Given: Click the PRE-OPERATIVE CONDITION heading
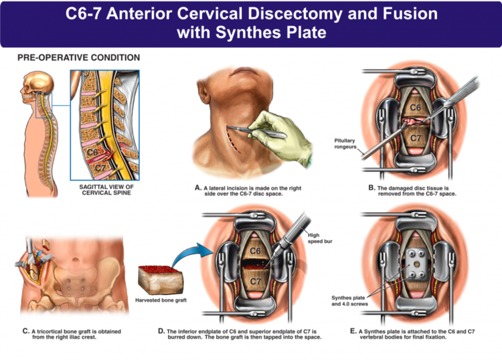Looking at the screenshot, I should click(x=78, y=58).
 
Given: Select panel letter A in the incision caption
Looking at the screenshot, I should click(x=198, y=188).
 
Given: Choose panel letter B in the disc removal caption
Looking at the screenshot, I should click(x=371, y=188).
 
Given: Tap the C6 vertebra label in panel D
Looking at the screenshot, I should click(x=256, y=250).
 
